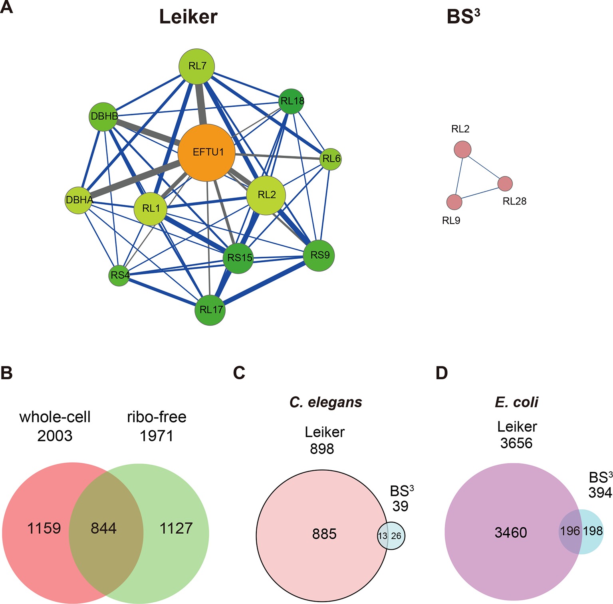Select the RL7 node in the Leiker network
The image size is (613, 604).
tap(196, 66)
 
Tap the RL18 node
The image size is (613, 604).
tap(292, 101)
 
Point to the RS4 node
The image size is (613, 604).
tap(119, 275)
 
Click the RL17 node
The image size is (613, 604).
tap(210, 310)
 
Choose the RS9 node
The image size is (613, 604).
tap(319, 255)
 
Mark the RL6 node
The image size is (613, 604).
tap(331, 159)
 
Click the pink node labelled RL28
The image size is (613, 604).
tap(505, 184)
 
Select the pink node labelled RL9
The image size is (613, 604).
tap(454, 202)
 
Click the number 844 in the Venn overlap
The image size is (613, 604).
tap(103, 528)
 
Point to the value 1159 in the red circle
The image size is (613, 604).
tap(44, 528)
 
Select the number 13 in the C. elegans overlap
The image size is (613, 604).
tap(383, 536)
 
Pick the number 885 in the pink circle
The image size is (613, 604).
tap(324, 534)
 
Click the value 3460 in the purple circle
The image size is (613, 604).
tap(511, 532)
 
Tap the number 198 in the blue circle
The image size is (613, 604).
tap(593, 531)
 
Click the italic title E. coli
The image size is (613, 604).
tap(516, 402)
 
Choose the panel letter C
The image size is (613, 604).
tap(239, 372)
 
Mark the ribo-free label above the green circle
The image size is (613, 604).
tap(157, 417)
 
